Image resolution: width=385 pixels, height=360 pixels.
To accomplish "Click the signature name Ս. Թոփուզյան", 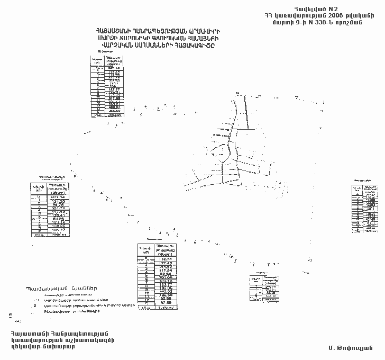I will (350, 347).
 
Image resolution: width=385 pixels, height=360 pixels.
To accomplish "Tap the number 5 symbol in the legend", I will (34, 305).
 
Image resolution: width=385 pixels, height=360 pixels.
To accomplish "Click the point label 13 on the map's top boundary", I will (237, 94).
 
